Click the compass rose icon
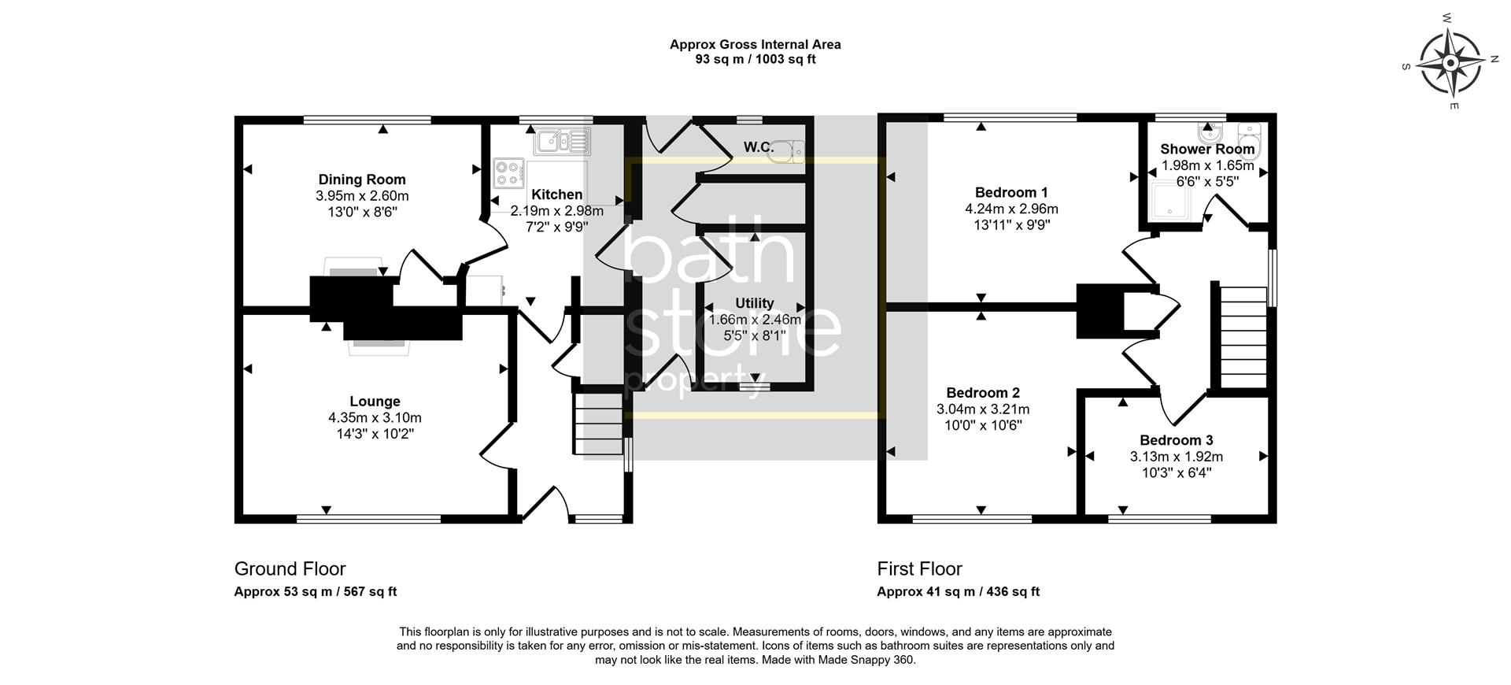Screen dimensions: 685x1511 point(1450,62)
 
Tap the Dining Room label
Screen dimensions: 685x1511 point(362,180)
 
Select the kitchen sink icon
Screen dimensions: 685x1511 point(563,143)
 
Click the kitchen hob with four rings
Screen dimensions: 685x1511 point(509,173)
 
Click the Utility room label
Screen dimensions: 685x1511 point(754,303)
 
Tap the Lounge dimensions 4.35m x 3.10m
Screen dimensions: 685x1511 point(375,418)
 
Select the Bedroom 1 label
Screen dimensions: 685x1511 point(1011,192)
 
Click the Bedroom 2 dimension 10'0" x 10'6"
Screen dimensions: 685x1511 point(983,426)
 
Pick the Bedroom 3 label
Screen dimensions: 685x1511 point(1176,440)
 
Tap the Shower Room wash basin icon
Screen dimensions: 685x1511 point(1208,130)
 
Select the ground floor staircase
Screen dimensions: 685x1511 point(599,424)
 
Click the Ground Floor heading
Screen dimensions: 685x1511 point(290,568)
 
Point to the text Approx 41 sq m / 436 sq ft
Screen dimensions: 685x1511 point(958,592)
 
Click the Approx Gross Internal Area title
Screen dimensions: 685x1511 point(755,44)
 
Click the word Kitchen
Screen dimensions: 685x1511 point(556,194)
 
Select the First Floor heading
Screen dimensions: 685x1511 point(919,568)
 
